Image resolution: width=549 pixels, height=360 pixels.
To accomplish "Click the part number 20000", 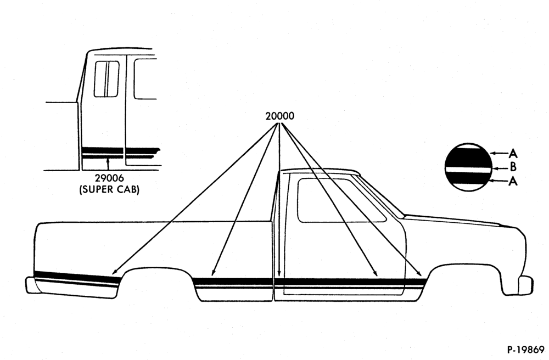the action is click(279, 116).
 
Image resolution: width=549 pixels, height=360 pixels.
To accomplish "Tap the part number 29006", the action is click(109, 178).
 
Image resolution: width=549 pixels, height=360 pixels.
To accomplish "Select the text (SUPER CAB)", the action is click(109, 190).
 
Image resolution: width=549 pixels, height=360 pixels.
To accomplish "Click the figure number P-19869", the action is click(525, 350).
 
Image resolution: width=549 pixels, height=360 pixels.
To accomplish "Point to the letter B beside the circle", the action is click(513, 167).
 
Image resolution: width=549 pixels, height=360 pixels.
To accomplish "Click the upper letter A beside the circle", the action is click(513, 153).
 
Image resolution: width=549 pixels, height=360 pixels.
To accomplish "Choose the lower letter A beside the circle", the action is click(513, 181).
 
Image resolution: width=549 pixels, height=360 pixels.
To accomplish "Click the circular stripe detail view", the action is click(468, 167).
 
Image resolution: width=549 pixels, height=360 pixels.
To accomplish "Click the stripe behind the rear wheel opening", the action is click(75, 278).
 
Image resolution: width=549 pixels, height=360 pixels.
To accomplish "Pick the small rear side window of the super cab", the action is click(107, 78).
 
